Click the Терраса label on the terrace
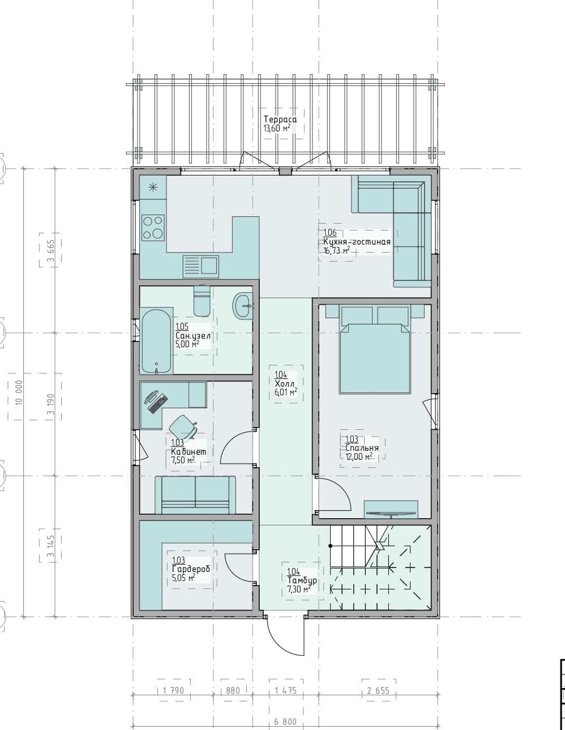[280, 119]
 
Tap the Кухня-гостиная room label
[357, 242]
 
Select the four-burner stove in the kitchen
[153, 227]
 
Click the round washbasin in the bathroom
[244, 306]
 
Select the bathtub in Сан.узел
[156, 340]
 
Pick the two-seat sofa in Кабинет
[195, 494]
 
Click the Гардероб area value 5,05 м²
[183, 578]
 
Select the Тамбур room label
[302, 580]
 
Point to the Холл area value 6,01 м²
[285, 392]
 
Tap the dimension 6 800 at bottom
[285, 722]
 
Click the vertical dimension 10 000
[19, 392]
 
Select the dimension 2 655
[378, 690]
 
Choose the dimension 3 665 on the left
[50, 250]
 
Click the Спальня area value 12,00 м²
[359, 456]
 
